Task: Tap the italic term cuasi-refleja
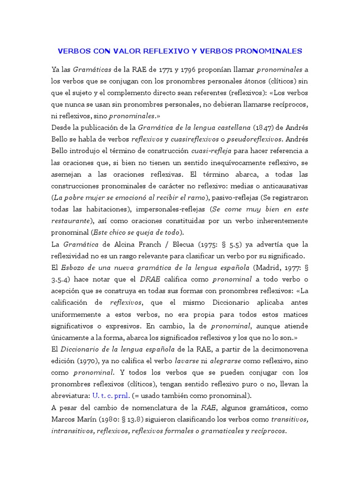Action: pyautogui.click(x=211, y=150)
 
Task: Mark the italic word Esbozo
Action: pyautogui.click(x=74, y=267)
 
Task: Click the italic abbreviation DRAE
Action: pyautogui.click(x=150, y=279)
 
